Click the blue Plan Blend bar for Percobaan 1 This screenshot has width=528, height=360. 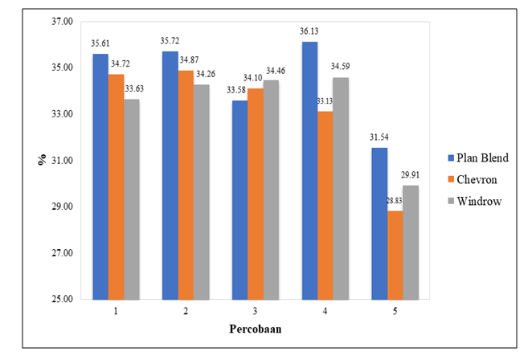pyautogui.click(x=100, y=177)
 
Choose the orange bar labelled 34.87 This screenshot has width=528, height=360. pyautogui.click(x=185, y=185)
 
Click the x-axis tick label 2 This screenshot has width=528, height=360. pyautogui.click(x=185, y=310)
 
